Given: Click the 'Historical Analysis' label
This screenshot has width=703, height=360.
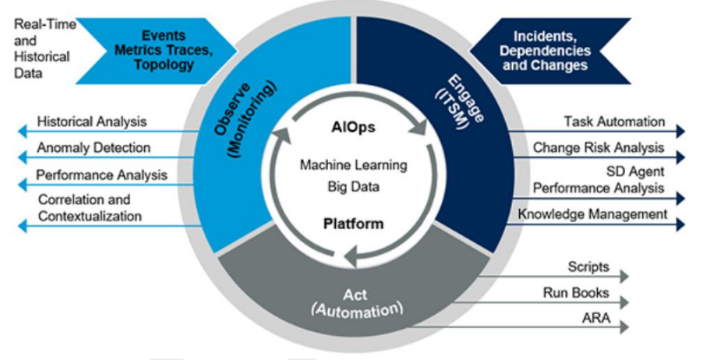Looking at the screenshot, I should point(91,122).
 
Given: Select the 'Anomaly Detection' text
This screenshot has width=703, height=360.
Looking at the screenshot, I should point(93,148).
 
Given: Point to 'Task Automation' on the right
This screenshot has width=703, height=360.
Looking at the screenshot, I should point(614,122).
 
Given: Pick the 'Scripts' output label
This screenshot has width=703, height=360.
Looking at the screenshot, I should point(588,267).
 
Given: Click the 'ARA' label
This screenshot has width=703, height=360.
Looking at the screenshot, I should point(596,319).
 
